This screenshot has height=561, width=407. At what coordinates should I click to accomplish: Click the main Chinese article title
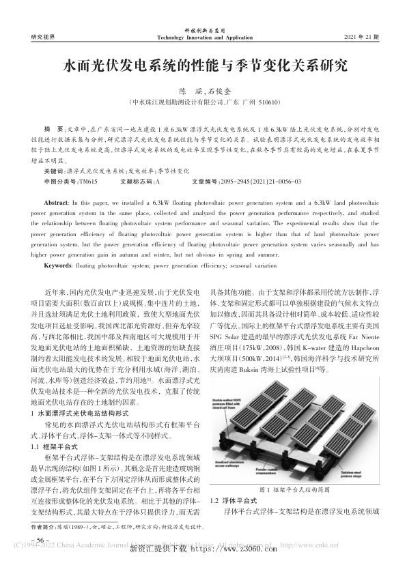coord(203,66)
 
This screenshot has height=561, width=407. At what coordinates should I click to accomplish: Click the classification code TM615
coord(88,183)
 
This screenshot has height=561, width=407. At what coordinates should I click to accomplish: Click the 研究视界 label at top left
coord(44,35)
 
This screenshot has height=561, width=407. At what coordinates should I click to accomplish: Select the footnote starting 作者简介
coord(116,527)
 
